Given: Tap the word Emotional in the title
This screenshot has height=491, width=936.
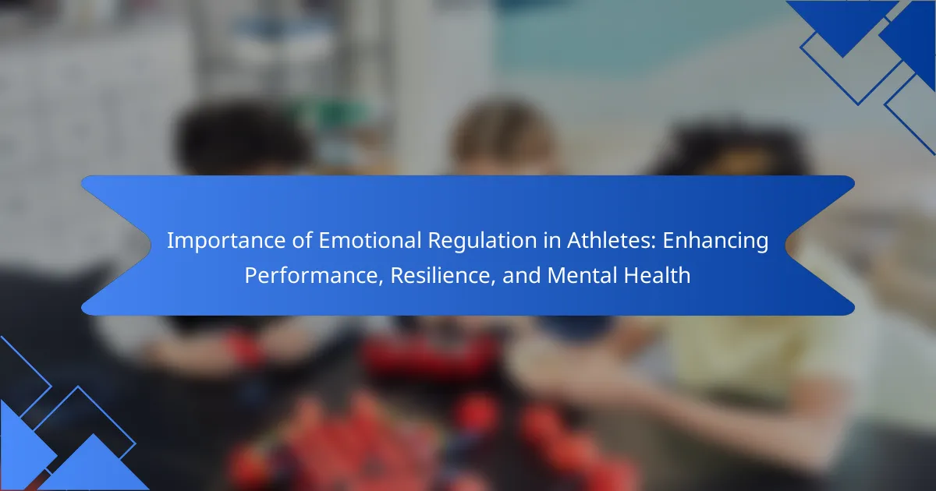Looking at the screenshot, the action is [x=370, y=240].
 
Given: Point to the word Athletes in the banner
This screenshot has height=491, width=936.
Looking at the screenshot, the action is [x=612, y=240].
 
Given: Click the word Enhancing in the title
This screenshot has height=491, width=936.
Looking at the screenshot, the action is [x=715, y=241].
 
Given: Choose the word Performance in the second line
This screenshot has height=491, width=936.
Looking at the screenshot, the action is [x=314, y=275].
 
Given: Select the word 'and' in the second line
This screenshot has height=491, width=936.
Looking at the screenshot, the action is [x=521, y=275].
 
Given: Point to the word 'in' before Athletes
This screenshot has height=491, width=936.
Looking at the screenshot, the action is [x=552, y=240].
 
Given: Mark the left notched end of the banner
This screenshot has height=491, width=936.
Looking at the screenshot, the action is [x=151, y=245].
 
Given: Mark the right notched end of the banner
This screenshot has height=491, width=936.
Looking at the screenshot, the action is [x=785, y=245].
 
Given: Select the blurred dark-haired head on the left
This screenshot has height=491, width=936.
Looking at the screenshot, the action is [x=243, y=138].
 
